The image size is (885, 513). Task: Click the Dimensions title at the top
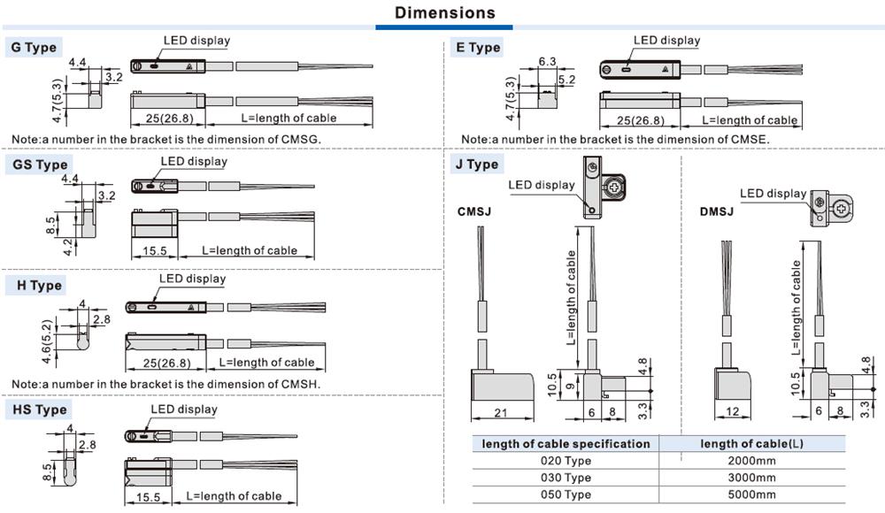(445, 13)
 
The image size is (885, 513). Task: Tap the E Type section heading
(479, 48)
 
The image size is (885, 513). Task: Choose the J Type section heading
(477, 164)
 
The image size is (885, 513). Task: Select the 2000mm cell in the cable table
(751, 461)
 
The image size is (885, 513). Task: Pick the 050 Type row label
(566, 494)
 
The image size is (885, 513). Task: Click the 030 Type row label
(566, 478)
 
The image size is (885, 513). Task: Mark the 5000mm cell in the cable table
(751, 494)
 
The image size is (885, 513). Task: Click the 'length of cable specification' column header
(566, 444)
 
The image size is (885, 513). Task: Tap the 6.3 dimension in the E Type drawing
(547, 61)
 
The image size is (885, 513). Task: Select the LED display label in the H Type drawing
(192, 279)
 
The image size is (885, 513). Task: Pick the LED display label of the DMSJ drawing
(773, 194)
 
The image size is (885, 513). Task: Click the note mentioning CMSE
(616, 139)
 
